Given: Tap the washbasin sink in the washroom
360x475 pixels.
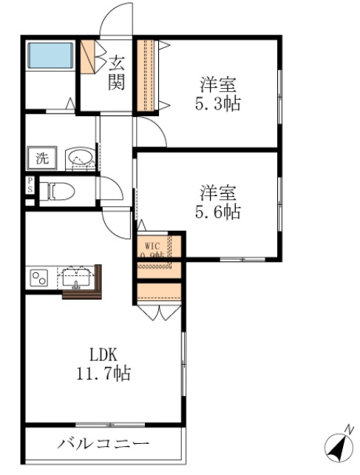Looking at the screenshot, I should coord(79,158).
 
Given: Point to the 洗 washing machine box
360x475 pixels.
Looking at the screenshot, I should coord(42,158).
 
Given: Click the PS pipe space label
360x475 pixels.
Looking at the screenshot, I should coord(30,186).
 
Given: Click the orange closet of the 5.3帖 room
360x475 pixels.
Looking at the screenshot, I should coord(146,75).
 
